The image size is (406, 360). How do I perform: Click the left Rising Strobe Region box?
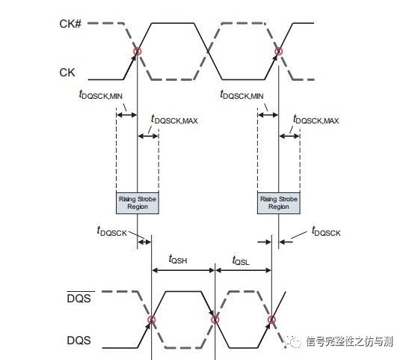point(138,202)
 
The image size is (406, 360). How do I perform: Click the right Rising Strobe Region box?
point(278,202)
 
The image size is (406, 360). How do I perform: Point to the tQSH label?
point(179,260)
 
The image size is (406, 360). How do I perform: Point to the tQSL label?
point(240,260)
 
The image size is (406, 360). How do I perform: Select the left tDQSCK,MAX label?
point(173,119)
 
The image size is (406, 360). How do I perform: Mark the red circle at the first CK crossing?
point(138,52)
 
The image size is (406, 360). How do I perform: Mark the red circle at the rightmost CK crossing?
point(279,52)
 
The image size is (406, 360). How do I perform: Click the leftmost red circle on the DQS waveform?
point(151,320)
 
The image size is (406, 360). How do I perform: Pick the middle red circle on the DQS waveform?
point(215,320)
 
